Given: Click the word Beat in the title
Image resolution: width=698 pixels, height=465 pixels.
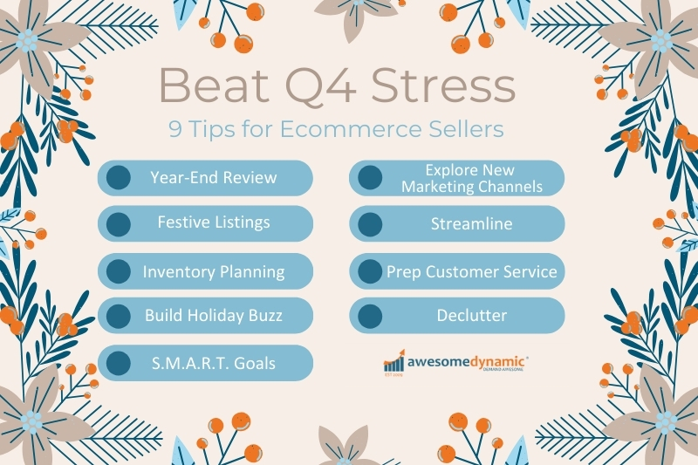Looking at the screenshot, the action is [214, 85].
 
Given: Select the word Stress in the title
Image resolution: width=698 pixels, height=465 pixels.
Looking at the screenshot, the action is [443, 85].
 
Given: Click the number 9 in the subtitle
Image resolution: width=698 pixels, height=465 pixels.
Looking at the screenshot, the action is [175, 129].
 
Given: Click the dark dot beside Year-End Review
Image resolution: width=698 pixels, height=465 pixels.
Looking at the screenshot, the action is [119, 178].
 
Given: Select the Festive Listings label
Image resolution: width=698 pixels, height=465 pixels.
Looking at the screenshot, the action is [214, 222].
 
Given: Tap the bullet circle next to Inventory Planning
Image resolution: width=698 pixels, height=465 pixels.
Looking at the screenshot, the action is [119, 271].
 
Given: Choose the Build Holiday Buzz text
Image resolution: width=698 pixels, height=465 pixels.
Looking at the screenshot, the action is [214, 315].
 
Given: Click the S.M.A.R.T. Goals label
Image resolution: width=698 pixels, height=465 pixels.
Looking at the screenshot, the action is [214, 363].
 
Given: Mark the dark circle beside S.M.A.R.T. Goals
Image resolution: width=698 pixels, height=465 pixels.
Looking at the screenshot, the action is [119, 363].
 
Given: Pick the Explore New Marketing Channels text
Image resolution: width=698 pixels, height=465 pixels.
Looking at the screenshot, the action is [472, 178].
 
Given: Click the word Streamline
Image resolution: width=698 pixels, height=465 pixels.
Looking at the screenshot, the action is [471, 223].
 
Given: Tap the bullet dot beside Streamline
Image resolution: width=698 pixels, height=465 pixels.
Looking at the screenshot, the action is [370, 224].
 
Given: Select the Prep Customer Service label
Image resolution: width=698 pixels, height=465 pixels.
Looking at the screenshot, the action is [471, 272].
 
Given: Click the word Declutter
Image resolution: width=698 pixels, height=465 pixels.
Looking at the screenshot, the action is [471, 316].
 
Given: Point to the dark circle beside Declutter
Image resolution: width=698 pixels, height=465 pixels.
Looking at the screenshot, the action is [370, 316].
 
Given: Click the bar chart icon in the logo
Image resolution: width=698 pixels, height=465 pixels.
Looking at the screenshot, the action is [394, 361].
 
